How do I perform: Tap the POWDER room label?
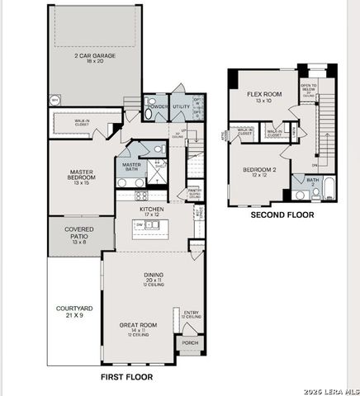pos(155,107)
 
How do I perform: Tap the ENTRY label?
pos(192,314)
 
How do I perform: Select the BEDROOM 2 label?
pos(260,172)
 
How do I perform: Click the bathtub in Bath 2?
pos(327,190)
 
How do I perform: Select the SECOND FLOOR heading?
pos(282,214)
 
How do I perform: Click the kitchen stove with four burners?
pos(141,196)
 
